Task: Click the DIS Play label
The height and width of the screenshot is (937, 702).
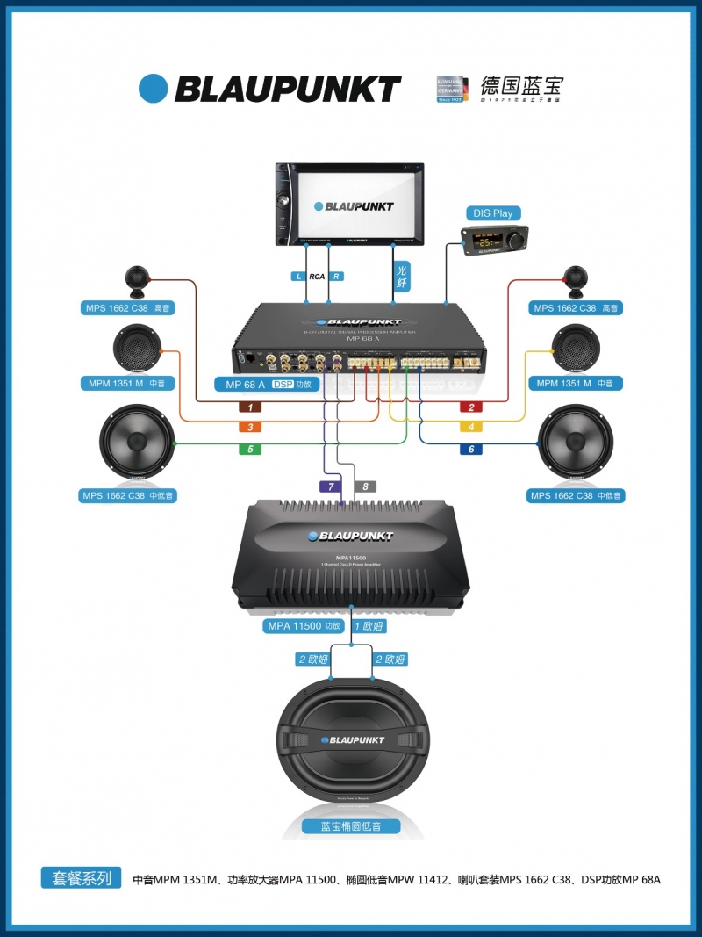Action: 492,213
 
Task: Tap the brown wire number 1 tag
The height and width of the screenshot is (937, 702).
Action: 250,407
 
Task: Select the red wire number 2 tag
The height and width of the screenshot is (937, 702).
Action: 470,407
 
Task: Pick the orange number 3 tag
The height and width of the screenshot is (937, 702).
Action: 250,428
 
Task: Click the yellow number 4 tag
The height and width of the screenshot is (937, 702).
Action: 470,428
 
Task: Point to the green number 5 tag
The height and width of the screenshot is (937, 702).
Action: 250,450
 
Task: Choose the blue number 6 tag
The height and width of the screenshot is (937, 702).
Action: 470,450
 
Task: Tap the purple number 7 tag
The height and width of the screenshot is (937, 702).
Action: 331,487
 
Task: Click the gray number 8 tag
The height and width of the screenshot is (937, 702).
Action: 365,487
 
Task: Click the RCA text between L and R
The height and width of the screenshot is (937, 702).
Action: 317,277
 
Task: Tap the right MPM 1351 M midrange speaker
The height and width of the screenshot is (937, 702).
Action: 577,349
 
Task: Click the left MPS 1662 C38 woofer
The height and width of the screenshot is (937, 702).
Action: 137,443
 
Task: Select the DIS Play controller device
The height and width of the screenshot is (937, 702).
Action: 495,238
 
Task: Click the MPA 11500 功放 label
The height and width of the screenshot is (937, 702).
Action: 304,626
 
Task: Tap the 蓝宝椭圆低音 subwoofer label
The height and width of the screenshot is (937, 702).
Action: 351,826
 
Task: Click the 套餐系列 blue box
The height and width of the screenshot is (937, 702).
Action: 82,877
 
